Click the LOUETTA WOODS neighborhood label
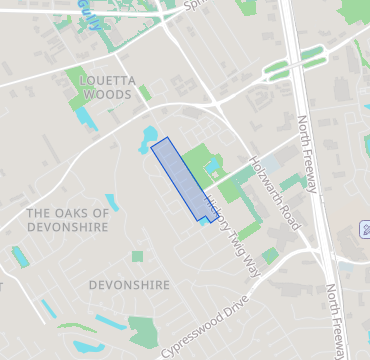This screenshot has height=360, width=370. coord(92,84)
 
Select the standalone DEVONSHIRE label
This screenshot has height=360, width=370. coord(129,285)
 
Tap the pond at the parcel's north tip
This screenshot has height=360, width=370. coord(150,134)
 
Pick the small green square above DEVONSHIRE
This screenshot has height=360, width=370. coord(137,257)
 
